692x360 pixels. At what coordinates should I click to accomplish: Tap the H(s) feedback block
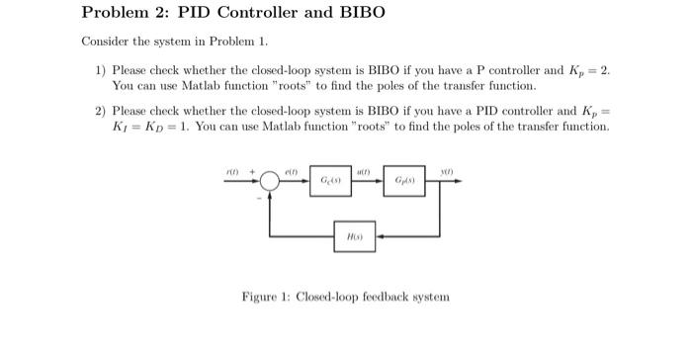click(x=354, y=237)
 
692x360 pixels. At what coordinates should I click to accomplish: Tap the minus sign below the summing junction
click(x=260, y=198)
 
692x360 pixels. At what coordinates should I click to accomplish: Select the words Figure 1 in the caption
click(x=268, y=296)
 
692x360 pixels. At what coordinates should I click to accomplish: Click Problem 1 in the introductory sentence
click(x=241, y=45)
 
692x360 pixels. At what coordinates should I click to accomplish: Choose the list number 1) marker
click(x=101, y=72)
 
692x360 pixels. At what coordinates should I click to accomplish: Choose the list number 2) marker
click(x=101, y=112)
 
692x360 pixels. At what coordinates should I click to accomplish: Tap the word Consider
click(x=103, y=45)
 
